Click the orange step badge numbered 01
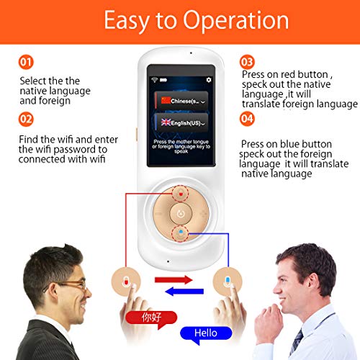(x=26, y=63)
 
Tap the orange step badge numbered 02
(x=26, y=117)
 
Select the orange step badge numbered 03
(x=247, y=62)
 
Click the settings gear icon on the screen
(x=209, y=80)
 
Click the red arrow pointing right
(x=175, y=279)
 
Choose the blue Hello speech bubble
(x=206, y=333)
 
